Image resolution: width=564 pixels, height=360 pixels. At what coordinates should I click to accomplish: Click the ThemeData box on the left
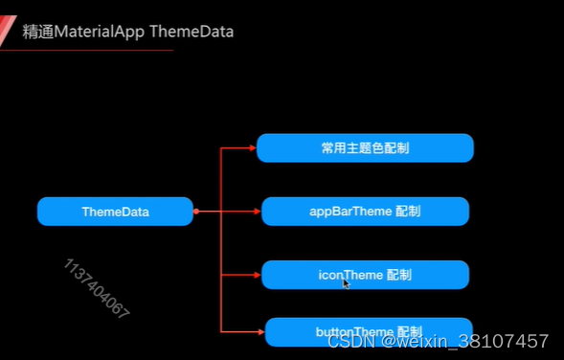coord(115,212)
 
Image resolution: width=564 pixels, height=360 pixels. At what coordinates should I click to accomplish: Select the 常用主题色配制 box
coord(365,148)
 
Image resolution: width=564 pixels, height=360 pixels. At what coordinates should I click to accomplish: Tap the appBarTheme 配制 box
coord(365,212)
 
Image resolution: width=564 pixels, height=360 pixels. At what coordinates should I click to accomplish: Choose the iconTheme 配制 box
coord(365,275)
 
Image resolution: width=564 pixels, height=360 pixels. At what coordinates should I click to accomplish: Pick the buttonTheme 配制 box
coord(369,331)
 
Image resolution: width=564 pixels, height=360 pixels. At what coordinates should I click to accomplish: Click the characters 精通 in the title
coord(37,32)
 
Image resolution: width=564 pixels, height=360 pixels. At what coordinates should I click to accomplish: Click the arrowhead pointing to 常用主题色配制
coord(253,148)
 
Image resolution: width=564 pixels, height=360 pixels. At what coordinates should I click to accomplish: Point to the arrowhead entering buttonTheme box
coord(260,331)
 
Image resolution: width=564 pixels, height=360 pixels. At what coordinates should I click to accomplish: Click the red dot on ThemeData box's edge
coord(195,212)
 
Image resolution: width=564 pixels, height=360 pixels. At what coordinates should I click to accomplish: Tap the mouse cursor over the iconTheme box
coord(347,282)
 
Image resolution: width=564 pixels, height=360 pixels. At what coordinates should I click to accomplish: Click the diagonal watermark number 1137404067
coord(97,288)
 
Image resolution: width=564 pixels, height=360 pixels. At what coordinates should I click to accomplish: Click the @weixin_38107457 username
coord(465,341)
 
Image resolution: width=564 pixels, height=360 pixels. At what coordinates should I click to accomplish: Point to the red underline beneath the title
coord(86,50)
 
